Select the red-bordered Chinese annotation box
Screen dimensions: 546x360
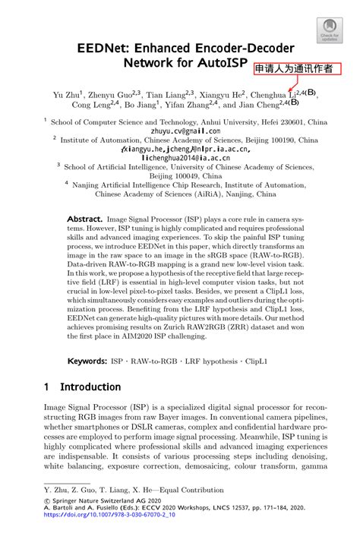click(x=294, y=69)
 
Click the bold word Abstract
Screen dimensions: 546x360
click(x=84, y=217)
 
